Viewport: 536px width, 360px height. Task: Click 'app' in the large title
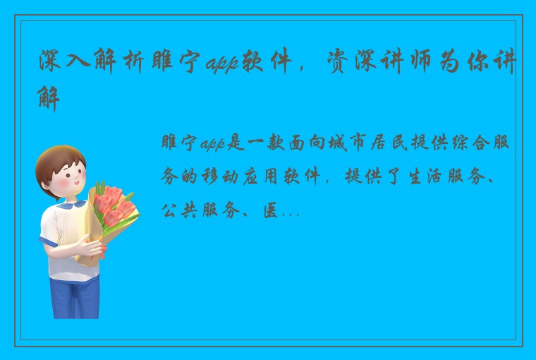[222, 66]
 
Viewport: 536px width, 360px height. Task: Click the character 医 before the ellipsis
[270, 210]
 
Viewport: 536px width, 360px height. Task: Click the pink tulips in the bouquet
[113, 205]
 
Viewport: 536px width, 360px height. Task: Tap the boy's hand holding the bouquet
[92, 246]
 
